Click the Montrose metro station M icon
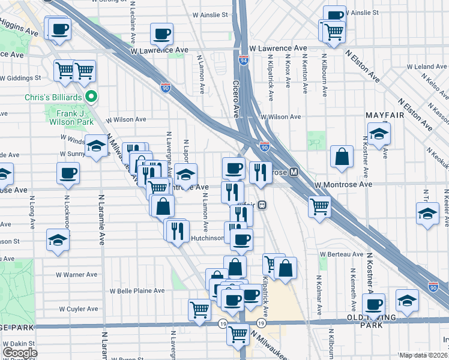pos(294,172)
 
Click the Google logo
pos(19,353)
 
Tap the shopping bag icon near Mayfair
pos(342,157)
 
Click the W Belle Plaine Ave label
pos(136,290)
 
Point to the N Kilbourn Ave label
pos(325,76)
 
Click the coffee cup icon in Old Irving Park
pos(374,304)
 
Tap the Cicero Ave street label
pos(236,100)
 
